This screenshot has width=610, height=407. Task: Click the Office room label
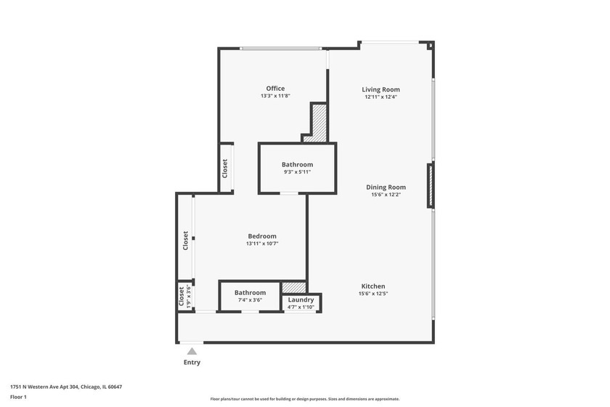(x=275, y=89)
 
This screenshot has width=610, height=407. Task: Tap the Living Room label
(x=381, y=89)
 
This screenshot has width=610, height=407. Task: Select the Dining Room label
(x=386, y=187)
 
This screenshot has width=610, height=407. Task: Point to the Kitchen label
(x=372, y=286)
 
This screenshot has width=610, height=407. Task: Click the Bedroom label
(x=262, y=236)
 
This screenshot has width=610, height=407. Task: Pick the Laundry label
(x=301, y=300)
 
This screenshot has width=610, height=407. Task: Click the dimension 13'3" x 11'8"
(x=275, y=96)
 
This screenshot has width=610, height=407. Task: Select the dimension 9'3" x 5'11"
(x=297, y=172)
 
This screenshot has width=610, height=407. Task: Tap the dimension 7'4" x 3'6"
(x=250, y=300)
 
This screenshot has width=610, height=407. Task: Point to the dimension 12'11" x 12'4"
(x=381, y=97)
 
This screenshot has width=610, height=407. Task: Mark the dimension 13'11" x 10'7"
(x=262, y=243)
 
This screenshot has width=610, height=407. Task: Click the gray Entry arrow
(x=192, y=351)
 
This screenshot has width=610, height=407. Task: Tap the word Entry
(x=192, y=362)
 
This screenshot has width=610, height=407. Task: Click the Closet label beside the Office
(x=225, y=168)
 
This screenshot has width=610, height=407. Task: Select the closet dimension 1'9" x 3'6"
(x=189, y=297)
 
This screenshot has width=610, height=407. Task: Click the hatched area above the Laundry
(x=294, y=287)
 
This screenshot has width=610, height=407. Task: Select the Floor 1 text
(x=18, y=397)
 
